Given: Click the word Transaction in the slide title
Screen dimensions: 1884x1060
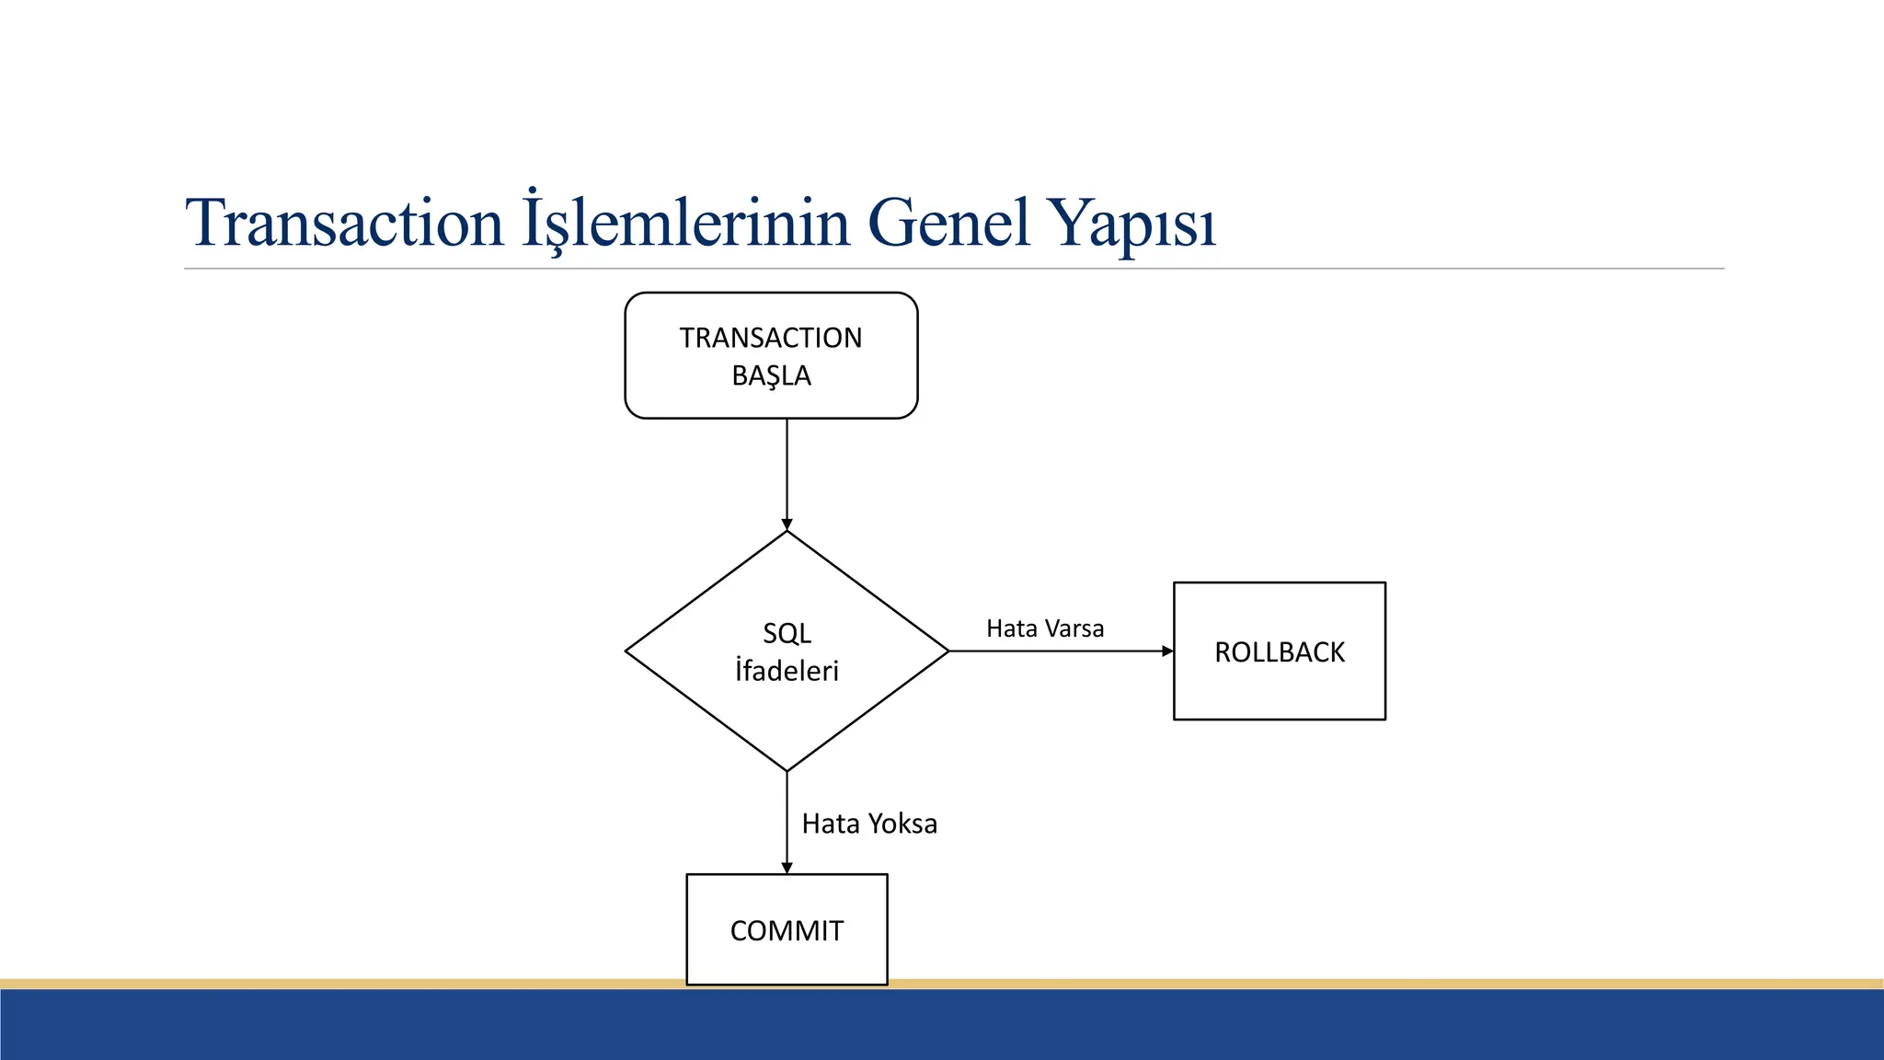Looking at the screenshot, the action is click(344, 223).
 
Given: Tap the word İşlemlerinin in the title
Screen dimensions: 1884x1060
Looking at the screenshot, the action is click(685, 223).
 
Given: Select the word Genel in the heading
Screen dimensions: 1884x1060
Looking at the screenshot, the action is click(948, 223).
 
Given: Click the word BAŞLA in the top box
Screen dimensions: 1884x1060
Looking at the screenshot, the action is click(771, 376).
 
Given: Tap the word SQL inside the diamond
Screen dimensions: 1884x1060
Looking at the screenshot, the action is click(787, 633).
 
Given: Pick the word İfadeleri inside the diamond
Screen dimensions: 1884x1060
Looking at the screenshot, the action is click(787, 671).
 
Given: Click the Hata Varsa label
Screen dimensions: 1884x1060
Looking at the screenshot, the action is click(1045, 628).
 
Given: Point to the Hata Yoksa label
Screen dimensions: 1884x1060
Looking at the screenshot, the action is click(869, 824).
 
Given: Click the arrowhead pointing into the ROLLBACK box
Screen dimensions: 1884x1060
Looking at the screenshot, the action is click(1167, 651).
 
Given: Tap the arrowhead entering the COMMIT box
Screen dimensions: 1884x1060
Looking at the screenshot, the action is click(787, 868).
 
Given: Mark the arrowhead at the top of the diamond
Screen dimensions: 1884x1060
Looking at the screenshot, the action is click(787, 524).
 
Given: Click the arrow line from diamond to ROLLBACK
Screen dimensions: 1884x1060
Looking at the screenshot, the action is click(1058, 651).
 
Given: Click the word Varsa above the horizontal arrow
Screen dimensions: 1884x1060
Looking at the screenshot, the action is click(1074, 628).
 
